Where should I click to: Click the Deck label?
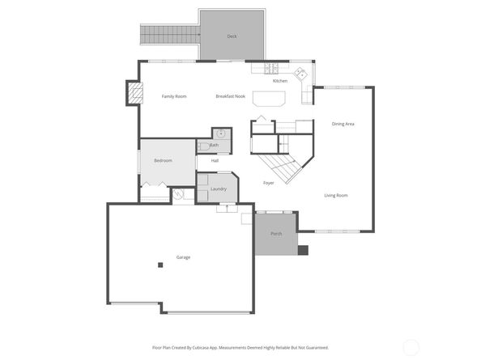point(232,36)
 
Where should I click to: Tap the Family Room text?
point(174,96)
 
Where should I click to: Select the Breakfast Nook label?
point(230,96)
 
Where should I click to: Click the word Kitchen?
point(280,81)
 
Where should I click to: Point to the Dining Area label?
point(343,124)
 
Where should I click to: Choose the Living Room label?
point(336,195)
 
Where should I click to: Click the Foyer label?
point(268,183)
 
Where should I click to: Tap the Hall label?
point(215,160)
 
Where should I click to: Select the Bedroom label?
point(163,160)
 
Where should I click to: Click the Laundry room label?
point(218,188)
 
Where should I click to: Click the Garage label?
point(183,257)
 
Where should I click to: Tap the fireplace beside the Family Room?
point(130,93)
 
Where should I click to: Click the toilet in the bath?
point(205,146)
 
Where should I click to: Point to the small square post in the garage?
point(160,265)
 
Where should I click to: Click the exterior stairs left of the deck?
point(170,33)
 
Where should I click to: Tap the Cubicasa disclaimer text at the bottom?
point(240,347)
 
